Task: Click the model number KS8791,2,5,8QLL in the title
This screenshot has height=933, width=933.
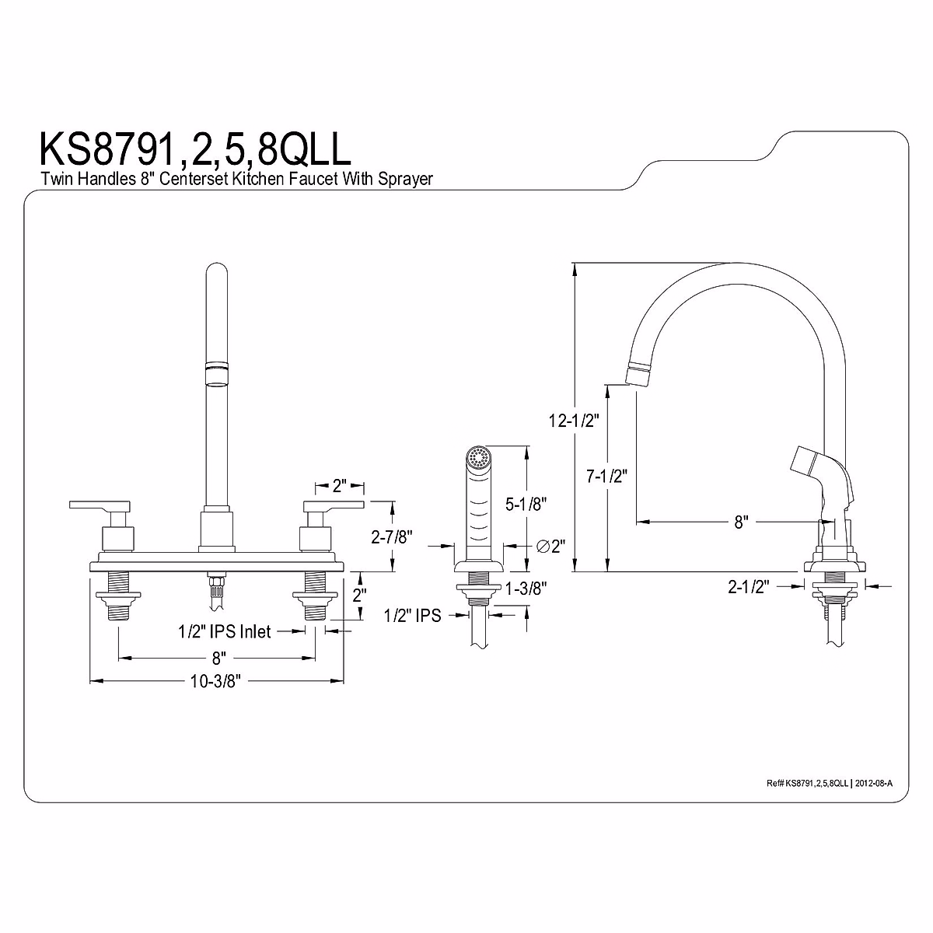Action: (195, 149)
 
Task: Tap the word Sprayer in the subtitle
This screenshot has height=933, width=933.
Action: (405, 179)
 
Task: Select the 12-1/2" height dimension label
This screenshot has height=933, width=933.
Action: (574, 421)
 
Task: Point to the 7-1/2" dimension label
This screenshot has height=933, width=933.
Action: (606, 477)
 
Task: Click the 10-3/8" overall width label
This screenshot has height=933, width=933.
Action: (215, 681)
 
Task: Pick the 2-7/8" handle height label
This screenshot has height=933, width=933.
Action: (392, 536)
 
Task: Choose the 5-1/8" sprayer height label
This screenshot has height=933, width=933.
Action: (526, 504)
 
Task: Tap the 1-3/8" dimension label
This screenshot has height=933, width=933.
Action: (526, 589)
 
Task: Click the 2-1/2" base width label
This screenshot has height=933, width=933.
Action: (749, 587)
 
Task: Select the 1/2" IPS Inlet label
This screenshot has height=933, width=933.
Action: (225, 631)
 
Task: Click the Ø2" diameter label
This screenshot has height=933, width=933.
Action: (551, 546)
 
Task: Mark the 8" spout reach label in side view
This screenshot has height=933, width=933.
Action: (741, 522)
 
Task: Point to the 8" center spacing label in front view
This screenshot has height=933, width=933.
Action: (219, 658)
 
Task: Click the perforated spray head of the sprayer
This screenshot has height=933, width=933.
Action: (478, 457)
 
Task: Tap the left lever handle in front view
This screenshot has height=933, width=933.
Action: (100, 506)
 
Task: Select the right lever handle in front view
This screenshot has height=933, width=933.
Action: (334, 506)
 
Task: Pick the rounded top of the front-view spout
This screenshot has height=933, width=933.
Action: (216, 270)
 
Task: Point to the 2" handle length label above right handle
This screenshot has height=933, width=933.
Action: (340, 485)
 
